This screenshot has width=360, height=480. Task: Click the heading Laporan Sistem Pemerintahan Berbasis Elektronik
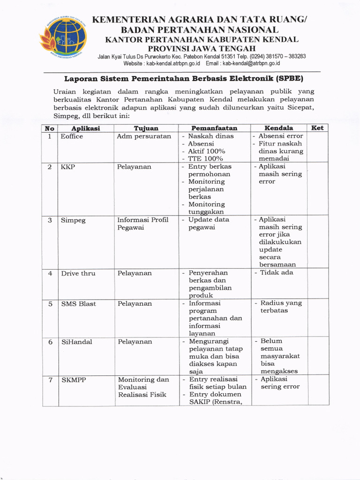[x=184, y=78]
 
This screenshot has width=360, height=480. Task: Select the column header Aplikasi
[x=85, y=128]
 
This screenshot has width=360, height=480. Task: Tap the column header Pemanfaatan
[x=214, y=128]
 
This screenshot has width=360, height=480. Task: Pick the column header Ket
[x=317, y=128]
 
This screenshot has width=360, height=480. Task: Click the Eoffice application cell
[x=72, y=136]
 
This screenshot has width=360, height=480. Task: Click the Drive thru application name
[x=78, y=273]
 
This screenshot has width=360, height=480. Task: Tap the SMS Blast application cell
[x=78, y=304]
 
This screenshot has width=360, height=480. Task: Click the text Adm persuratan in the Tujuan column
[x=144, y=136]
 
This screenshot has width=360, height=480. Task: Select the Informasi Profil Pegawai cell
[x=142, y=224]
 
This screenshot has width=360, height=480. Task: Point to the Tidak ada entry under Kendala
[x=277, y=273]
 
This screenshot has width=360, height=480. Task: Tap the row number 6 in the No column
[x=50, y=342]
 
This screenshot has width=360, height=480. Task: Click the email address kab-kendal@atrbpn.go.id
[x=251, y=63]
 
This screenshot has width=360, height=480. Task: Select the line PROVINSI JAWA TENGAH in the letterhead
[x=202, y=48]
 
